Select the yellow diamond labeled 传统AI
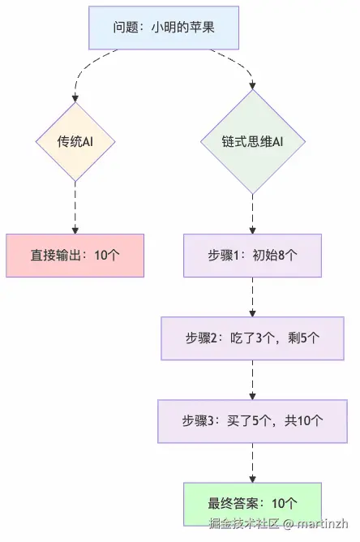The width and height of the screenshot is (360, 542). tap(75, 140)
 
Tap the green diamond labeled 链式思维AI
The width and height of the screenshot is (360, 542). tap(252, 141)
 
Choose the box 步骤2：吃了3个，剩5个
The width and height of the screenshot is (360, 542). tap(252, 338)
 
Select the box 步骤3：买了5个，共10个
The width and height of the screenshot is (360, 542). tap(252, 421)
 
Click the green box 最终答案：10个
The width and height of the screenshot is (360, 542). tap(252, 503)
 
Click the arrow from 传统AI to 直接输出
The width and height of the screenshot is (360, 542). tap(75, 211)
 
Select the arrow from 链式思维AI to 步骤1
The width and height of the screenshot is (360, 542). tap(252, 213)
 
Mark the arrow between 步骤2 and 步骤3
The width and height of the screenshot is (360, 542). tap(252, 379)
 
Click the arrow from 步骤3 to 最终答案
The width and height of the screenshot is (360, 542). tap(252, 462)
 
